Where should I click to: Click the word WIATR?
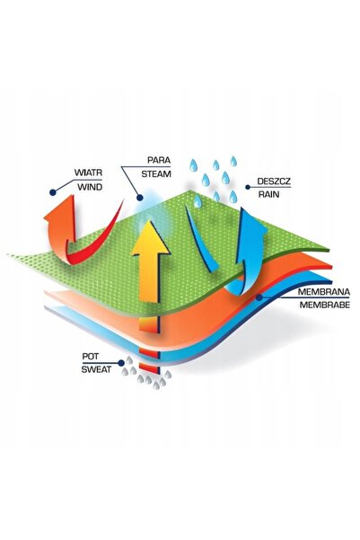pos(89,173)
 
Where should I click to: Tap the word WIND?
pos(90,188)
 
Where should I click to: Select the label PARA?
pos(159,160)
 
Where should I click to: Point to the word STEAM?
pos(156,174)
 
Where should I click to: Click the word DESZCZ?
pos(274,181)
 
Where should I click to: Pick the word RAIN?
pos(268,194)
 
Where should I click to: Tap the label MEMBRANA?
pos(323,292)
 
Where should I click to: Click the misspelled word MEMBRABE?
pos(325,305)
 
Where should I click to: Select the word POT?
pos(90,357)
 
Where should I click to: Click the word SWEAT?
pos(96,369)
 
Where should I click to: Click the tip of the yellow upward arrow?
pos(149,220)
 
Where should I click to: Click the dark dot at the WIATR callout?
pos(53,192)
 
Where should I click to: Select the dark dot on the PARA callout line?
pos(139,198)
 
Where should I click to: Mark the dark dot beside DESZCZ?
pos(248,187)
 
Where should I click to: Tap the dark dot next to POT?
pos(121,363)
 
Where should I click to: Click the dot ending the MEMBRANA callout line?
pos(259,297)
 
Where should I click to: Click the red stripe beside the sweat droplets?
pos(149,367)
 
